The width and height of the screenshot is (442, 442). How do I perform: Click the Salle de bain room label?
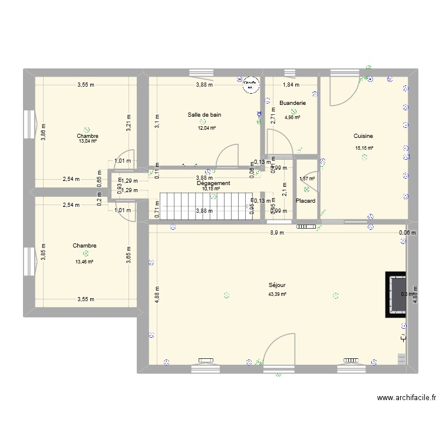[204, 115]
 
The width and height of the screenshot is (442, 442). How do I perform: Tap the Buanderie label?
[292, 103]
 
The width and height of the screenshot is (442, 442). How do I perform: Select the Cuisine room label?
[364, 136]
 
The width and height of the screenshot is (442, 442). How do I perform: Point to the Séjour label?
[276, 285]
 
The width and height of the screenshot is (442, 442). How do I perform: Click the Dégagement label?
[213, 183]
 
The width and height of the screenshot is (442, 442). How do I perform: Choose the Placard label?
[305, 201]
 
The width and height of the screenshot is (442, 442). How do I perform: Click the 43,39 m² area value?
[276, 294]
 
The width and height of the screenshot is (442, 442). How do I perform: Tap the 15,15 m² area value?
[364, 149]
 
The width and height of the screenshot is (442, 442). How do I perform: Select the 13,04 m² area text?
[88, 141]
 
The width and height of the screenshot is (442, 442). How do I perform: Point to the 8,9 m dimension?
[277, 232]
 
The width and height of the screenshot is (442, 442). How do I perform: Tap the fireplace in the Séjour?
[396, 294]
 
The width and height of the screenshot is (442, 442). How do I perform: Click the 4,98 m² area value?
[292, 117]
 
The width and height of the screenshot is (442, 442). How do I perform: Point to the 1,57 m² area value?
[307, 179]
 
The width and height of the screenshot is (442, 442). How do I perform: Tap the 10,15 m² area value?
[210, 189]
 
